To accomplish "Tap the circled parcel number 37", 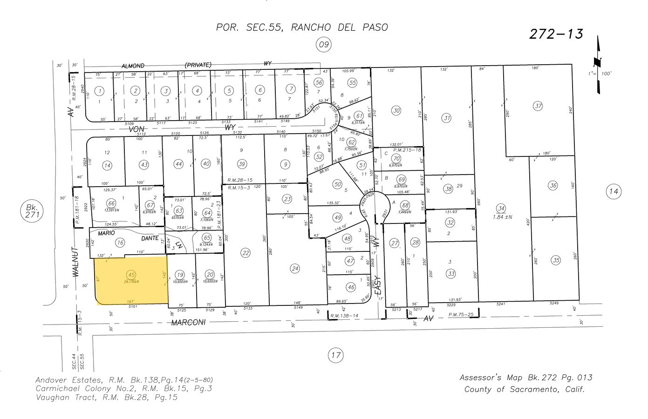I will pos(539,106).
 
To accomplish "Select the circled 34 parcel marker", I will pos(501,208).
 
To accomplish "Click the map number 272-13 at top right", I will pos(556,34).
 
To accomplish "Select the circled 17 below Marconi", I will pos(335,355).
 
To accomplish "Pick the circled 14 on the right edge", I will pos(614,191).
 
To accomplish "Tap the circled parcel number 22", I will pos(245,253).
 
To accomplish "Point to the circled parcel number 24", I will pos(294,268).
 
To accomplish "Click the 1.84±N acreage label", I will pos(502,216).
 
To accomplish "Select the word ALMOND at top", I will pos(133,66).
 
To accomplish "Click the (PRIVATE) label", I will pos(198,65).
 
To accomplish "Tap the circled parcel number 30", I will pos(396,110).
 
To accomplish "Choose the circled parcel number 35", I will pos(556,260).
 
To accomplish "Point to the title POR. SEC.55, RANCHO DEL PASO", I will pos(302,27).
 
